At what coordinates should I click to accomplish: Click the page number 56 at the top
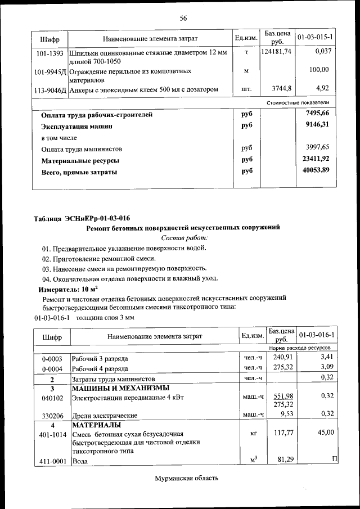point(183,18)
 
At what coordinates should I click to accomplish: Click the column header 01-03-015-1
point(315,37)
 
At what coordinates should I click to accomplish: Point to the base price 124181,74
point(277,52)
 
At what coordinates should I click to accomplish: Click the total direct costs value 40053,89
point(316,170)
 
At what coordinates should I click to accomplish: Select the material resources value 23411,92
point(316,159)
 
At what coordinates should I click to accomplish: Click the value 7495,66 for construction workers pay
point(316,114)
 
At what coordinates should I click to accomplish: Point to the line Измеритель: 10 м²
point(64,289)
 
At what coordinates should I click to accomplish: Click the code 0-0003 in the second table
point(52,358)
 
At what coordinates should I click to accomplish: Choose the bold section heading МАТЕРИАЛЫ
point(94,425)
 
